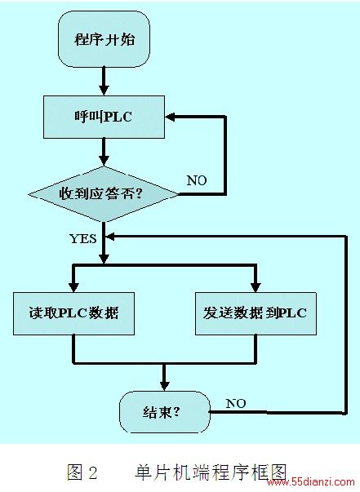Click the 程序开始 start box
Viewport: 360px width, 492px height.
(104, 39)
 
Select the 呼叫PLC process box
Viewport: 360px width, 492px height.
(104, 117)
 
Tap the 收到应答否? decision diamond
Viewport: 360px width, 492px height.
(104, 194)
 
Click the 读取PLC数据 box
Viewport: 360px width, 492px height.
(73, 313)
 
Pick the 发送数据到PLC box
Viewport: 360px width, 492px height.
(256, 313)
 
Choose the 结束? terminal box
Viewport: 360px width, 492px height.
(164, 412)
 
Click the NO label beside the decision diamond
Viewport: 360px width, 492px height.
(197, 180)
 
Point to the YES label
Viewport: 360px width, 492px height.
(83, 239)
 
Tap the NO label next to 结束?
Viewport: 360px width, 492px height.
(236, 404)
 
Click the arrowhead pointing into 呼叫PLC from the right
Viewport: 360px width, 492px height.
(170, 117)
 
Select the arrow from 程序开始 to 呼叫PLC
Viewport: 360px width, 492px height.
(104, 82)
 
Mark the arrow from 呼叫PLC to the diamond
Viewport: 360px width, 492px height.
(104, 153)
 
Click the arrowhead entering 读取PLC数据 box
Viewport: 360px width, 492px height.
(73, 287)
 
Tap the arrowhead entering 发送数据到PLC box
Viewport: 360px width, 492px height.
(256, 287)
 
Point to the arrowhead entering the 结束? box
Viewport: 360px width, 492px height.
(164, 386)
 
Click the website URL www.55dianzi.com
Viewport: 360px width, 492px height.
(311, 481)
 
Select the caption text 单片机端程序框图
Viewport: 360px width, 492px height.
(211, 472)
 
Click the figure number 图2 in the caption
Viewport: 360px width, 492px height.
(82, 472)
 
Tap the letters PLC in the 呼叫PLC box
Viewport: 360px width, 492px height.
(118, 117)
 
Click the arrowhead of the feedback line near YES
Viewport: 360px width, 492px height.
(110, 237)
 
